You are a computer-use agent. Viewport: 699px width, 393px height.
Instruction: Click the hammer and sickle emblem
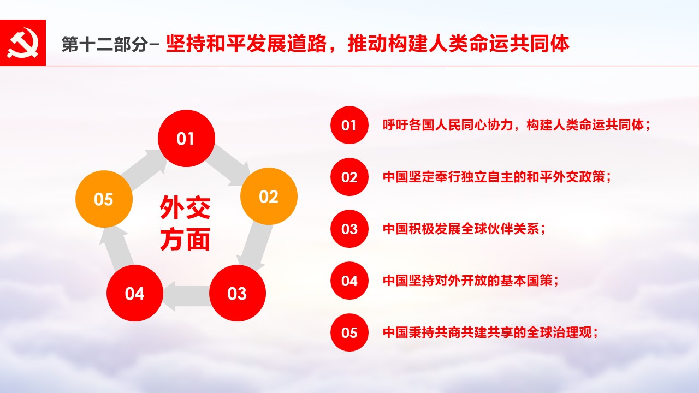23,43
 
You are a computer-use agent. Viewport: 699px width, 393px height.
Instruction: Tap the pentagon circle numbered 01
186,138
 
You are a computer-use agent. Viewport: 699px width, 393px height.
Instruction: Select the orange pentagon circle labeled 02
269,196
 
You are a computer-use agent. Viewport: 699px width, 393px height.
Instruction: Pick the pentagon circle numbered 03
237,293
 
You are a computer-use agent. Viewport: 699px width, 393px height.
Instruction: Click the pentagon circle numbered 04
135,293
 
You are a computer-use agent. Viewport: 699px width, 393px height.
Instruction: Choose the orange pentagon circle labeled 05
104,199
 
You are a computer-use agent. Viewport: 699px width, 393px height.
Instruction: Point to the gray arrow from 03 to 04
186,296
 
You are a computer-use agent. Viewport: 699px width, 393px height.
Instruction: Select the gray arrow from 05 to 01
144,169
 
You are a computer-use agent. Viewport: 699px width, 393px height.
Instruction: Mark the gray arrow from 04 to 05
116,248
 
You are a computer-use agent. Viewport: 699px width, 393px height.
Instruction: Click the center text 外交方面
185,223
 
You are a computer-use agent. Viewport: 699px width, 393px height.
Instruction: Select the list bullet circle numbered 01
349,125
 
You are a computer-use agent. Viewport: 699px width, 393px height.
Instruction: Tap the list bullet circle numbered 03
349,229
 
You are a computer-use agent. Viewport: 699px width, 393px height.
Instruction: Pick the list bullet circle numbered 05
349,332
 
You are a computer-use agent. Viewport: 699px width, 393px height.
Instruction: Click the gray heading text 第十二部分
104,44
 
